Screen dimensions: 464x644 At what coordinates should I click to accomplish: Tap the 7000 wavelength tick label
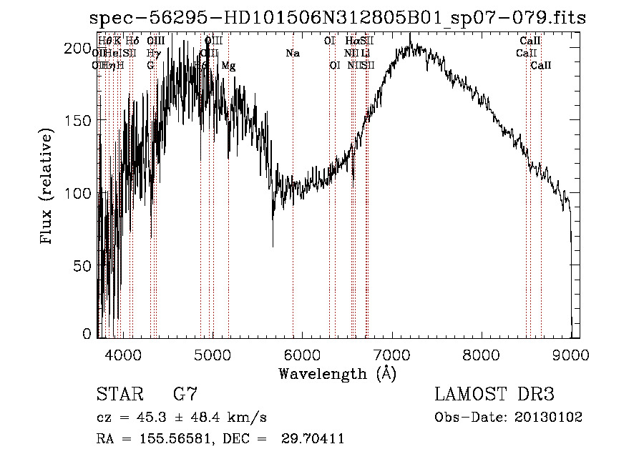pos(391,352)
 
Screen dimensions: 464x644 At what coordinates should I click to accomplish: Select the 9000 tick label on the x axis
pos(571,352)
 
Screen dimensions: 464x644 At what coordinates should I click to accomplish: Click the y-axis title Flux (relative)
pos(48,188)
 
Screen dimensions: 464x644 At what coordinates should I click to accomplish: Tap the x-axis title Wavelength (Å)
pos(337,373)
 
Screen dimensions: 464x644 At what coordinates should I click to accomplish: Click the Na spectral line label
pos(292,54)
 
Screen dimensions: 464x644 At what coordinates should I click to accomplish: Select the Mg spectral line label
pos(228,66)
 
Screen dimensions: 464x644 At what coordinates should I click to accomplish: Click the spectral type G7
pos(185,395)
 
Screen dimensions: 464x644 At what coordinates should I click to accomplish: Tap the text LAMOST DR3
pos(494,395)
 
